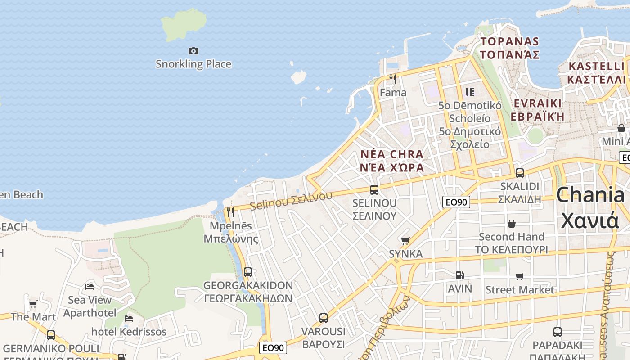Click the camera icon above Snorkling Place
pyautogui.click(x=193, y=51)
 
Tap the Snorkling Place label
pyautogui.click(x=193, y=64)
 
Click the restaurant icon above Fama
pyautogui.click(x=393, y=79)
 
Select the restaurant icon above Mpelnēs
pyautogui.click(x=230, y=212)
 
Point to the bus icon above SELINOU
pyautogui.click(x=374, y=190)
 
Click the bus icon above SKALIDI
pyautogui.click(x=520, y=173)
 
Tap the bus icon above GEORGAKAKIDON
pyautogui.click(x=248, y=272)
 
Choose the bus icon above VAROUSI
pyautogui.click(x=324, y=318)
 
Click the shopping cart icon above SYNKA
pyautogui.click(x=405, y=241)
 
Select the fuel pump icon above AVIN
pyautogui.click(x=459, y=275)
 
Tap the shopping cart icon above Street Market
pyautogui.click(x=520, y=276)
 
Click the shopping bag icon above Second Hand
pyautogui.click(x=512, y=224)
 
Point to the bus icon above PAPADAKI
pyautogui.click(x=558, y=332)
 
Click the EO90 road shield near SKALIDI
pyautogui.click(x=456, y=202)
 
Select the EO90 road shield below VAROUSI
pyautogui.click(x=273, y=347)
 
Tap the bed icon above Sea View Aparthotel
pyautogui.click(x=90, y=286)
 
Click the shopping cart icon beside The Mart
pyautogui.click(x=33, y=304)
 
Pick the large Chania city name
pyautogui.click(x=590, y=207)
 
